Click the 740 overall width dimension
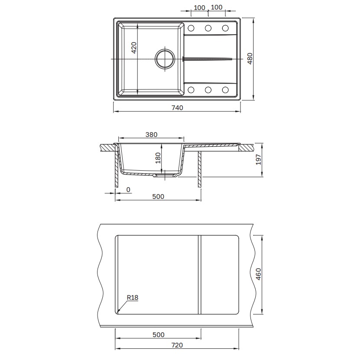(x=177, y=108)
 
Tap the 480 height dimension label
(x=250, y=58)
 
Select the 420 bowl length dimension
(x=134, y=48)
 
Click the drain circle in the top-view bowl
(x=165, y=58)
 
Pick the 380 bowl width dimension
(x=151, y=134)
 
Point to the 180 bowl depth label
(x=158, y=158)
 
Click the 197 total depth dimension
(x=259, y=159)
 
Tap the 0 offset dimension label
(x=128, y=190)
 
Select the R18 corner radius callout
(x=132, y=297)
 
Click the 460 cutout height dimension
(x=259, y=274)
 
